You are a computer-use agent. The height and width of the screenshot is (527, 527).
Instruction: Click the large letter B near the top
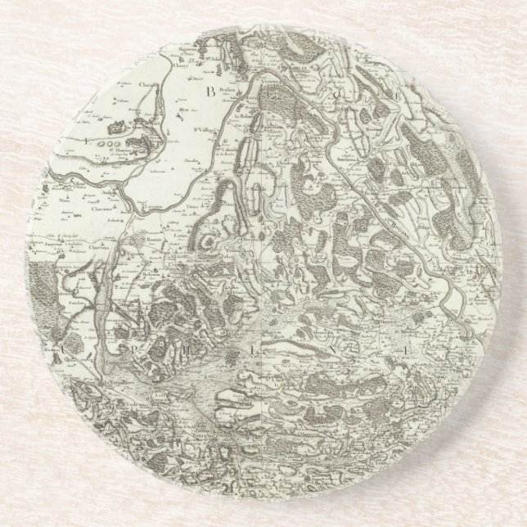click(209, 91)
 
